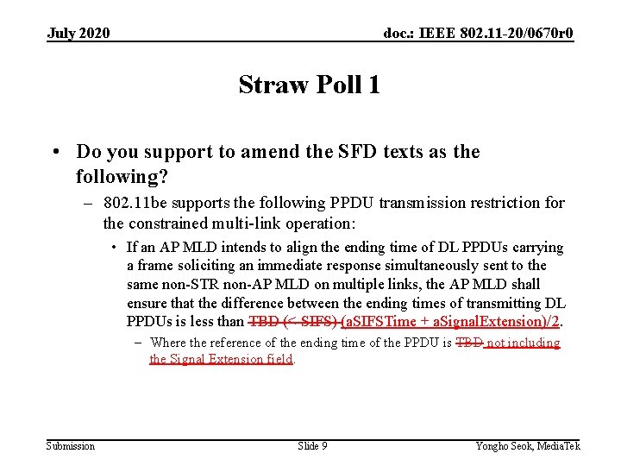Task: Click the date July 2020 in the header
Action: (78, 33)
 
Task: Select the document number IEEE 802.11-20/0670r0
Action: (479, 33)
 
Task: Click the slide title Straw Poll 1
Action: (309, 85)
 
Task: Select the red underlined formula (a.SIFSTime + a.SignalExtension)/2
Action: (451, 322)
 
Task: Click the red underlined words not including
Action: (523, 343)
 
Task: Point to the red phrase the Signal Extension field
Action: (222, 359)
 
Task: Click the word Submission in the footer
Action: (71, 445)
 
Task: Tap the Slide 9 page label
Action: (312, 445)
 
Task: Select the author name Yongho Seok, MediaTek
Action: (528, 445)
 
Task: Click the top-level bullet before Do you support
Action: (55, 152)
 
